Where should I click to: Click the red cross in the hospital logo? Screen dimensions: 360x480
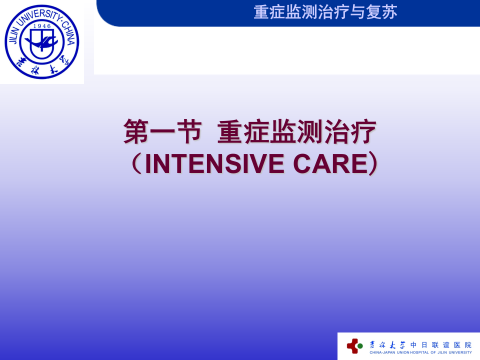[x=353, y=345]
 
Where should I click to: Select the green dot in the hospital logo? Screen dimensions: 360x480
[x=360, y=345]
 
